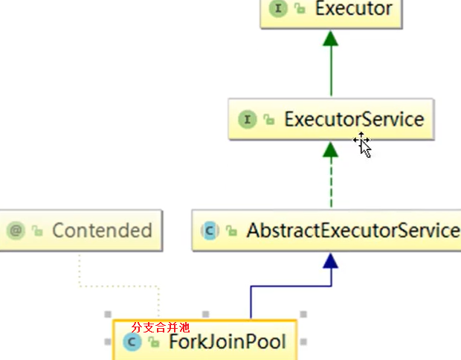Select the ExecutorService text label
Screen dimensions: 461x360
(x=353, y=119)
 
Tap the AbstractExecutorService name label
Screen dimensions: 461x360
(x=352, y=231)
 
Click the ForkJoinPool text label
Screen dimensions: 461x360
(x=227, y=342)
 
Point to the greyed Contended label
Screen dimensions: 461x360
(x=102, y=231)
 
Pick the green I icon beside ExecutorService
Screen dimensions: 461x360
(x=247, y=119)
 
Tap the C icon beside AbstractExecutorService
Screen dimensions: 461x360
(x=210, y=231)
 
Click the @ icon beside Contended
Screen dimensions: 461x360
(x=16, y=231)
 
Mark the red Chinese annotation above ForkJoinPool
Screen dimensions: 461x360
(x=160, y=327)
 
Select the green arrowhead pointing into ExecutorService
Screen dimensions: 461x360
(x=331, y=150)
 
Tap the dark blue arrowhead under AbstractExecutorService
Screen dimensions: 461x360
(x=331, y=260)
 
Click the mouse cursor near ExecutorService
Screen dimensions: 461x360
(x=363, y=144)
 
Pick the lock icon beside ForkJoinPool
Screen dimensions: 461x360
(x=153, y=342)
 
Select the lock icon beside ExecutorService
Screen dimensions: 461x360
(x=268, y=120)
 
